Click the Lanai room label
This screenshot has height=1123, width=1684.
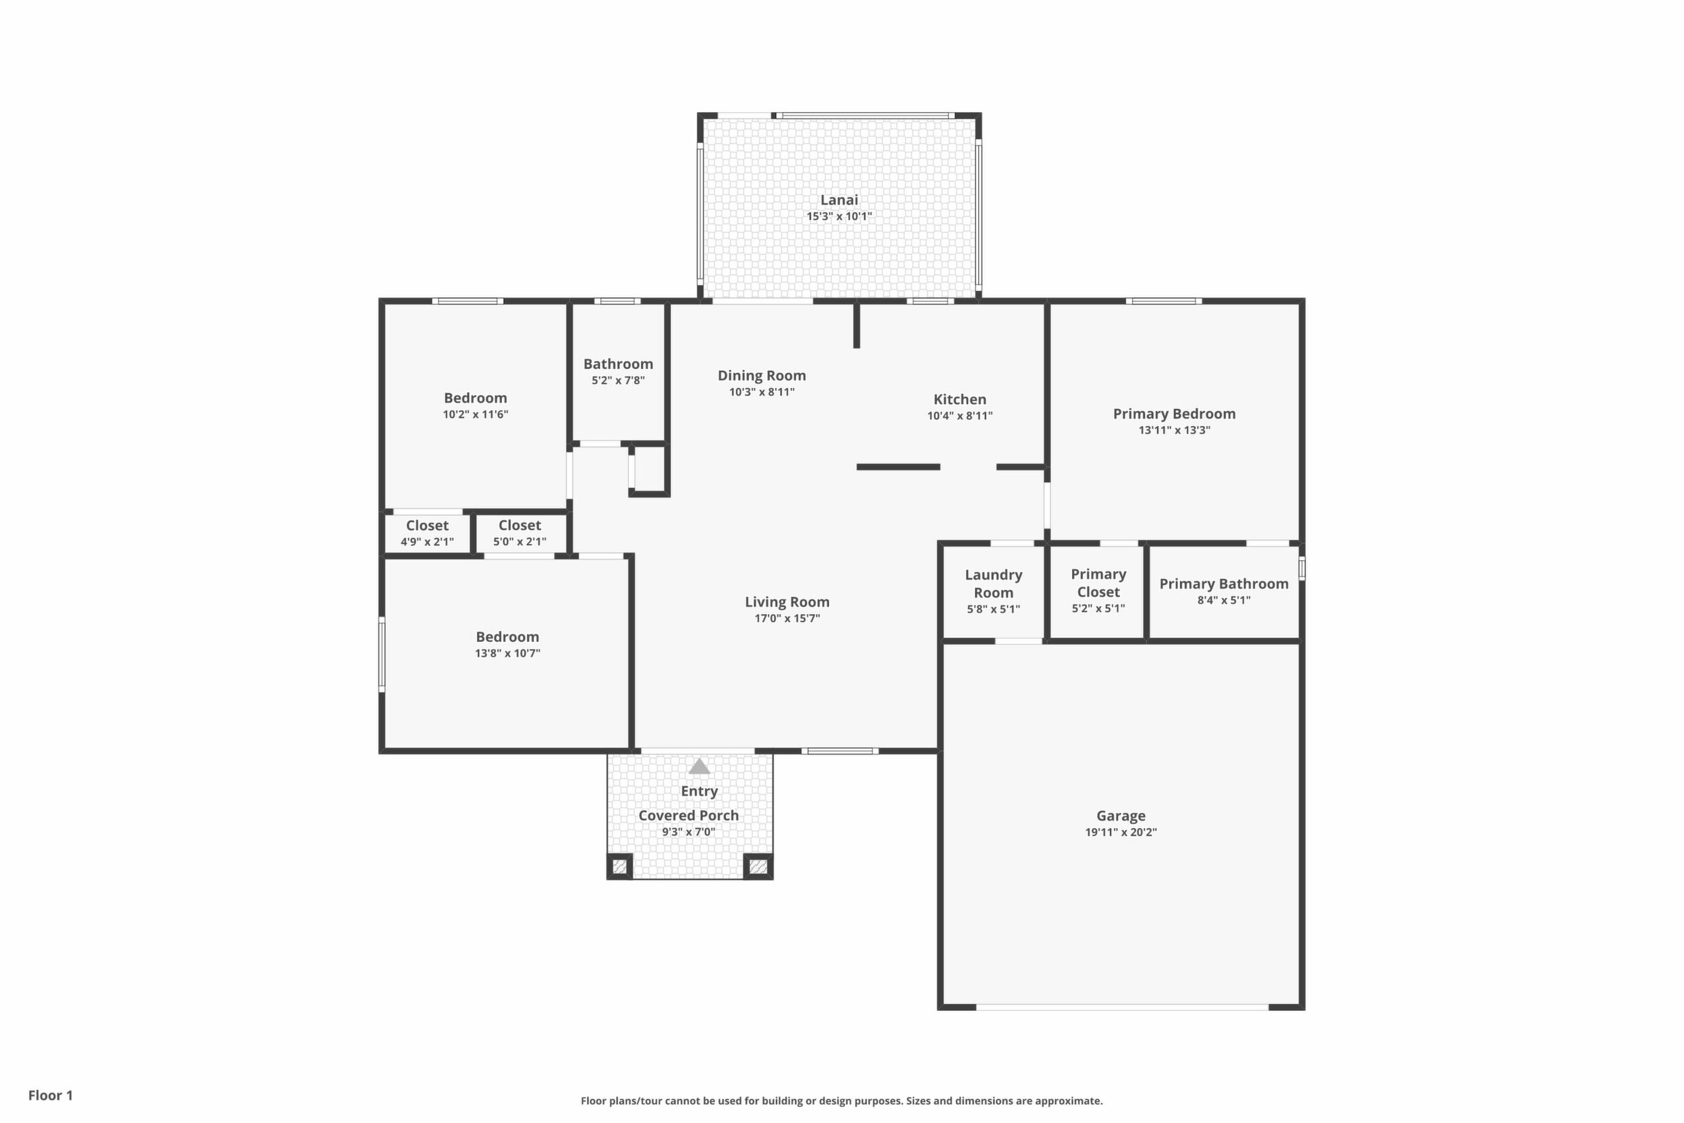(x=839, y=200)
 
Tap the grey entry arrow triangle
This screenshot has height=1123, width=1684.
(x=700, y=767)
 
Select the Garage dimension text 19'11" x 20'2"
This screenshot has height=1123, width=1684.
(x=1121, y=832)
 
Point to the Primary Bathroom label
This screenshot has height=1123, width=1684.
(x=1224, y=584)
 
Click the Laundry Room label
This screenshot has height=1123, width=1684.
(x=993, y=584)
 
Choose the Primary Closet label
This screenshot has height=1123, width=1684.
(x=1098, y=583)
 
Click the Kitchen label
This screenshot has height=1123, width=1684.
(x=959, y=400)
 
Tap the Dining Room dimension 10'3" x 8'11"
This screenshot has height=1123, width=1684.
(x=762, y=391)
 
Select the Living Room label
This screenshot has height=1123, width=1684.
(x=787, y=602)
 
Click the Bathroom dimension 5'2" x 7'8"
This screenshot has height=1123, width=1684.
(x=618, y=381)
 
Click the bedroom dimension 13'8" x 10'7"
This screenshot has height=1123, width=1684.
(x=507, y=653)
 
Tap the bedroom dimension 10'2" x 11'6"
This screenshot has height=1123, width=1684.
(x=476, y=414)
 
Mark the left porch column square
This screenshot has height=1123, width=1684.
(x=620, y=867)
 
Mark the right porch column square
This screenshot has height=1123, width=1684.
(x=758, y=867)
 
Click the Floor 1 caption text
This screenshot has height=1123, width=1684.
(x=50, y=1095)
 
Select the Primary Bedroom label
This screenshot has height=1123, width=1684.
(x=1174, y=414)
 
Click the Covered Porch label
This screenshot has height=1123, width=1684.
(x=688, y=816)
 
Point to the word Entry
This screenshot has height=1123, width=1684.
(x=699, y=792)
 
